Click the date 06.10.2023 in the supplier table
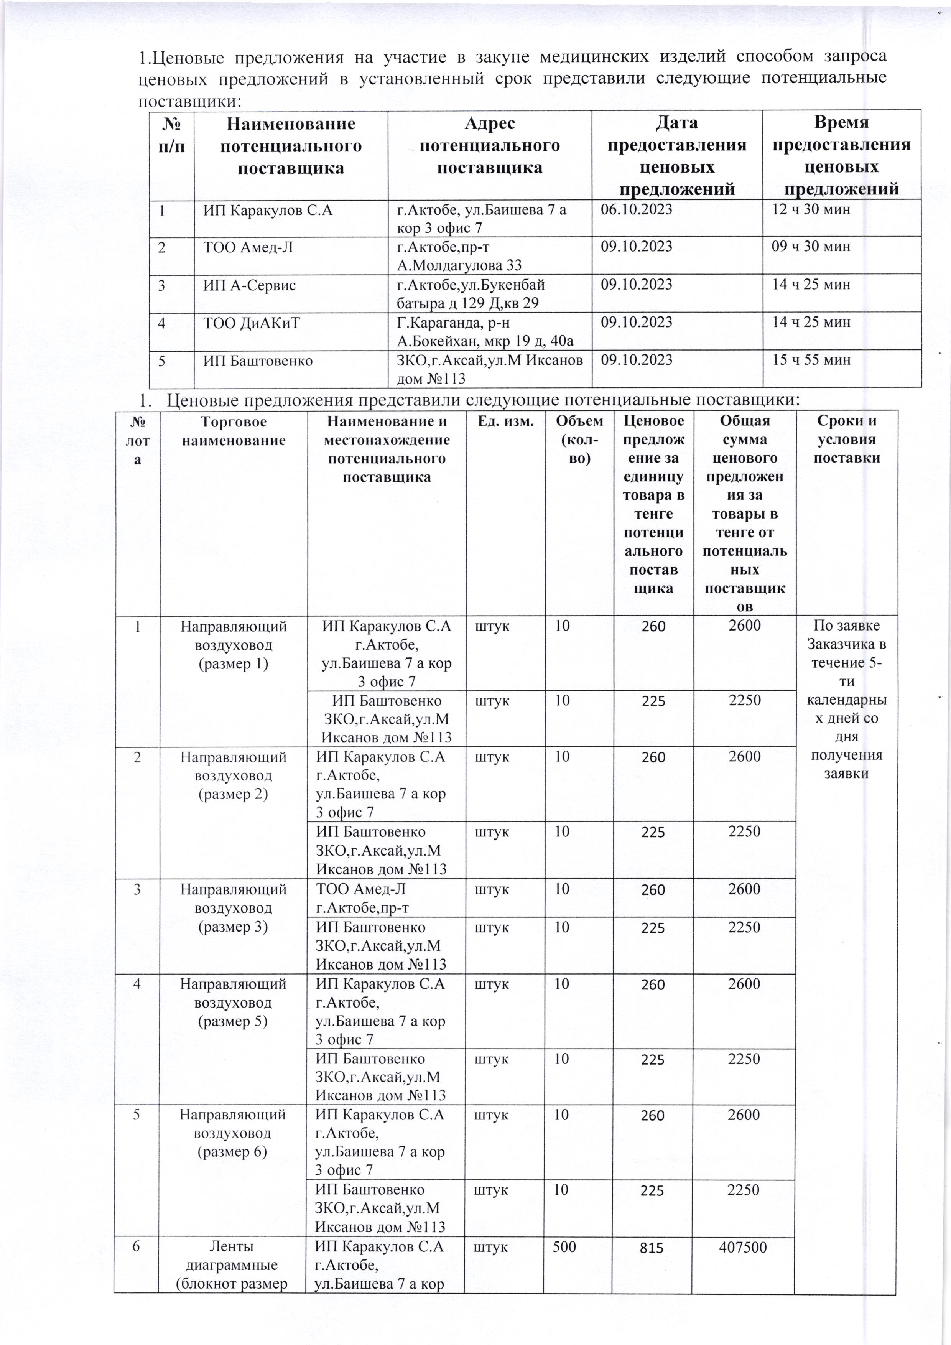coord(637,209)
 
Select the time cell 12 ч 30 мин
coord(810,209)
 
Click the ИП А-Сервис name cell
coord(250,285)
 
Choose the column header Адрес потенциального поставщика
coord(490,146)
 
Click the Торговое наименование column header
coord(234,431)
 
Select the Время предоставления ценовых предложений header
coord(841,156)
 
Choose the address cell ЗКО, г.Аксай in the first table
coord(490,369)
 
